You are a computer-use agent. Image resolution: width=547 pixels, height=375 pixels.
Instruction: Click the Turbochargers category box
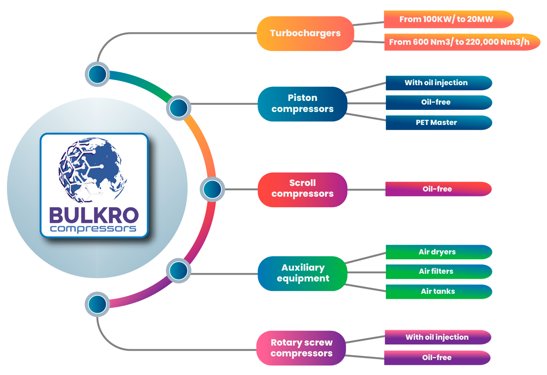click(305, 33)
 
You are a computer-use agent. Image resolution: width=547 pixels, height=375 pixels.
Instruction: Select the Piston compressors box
click(302, 103)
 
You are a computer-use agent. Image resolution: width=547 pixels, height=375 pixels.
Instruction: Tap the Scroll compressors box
click(302, 188)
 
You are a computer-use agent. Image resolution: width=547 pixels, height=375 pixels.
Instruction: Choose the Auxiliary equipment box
click(303, 273)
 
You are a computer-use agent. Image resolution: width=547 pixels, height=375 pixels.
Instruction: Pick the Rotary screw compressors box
click(301, 348)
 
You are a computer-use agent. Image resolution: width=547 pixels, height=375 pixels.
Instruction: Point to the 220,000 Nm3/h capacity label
click(459, 42)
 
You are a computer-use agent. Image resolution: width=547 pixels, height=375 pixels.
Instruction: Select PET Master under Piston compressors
click(436, 122)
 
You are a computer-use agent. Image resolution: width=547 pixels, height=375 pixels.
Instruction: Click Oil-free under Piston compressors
click(436, 102)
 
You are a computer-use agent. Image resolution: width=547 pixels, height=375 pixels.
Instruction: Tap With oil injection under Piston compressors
click(436, 83)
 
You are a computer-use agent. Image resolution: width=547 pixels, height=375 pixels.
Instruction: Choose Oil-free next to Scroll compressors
click(437, 189)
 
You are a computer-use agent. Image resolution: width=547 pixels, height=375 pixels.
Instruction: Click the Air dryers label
click(437, 252)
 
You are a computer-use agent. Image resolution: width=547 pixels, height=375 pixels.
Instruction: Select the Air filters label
click(436, 271)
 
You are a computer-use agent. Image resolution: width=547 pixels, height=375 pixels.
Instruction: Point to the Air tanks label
click(438, 291)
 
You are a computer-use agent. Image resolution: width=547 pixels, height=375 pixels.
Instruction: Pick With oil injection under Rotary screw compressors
click(437, 337)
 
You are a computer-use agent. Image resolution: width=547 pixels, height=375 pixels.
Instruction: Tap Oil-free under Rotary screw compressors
click(437, 358)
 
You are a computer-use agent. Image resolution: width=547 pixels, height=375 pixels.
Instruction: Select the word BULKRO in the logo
click(94, 215)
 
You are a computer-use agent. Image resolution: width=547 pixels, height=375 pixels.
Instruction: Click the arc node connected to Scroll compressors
click(212, 189)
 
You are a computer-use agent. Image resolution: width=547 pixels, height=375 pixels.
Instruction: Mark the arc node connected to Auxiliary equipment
click(179, 271)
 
